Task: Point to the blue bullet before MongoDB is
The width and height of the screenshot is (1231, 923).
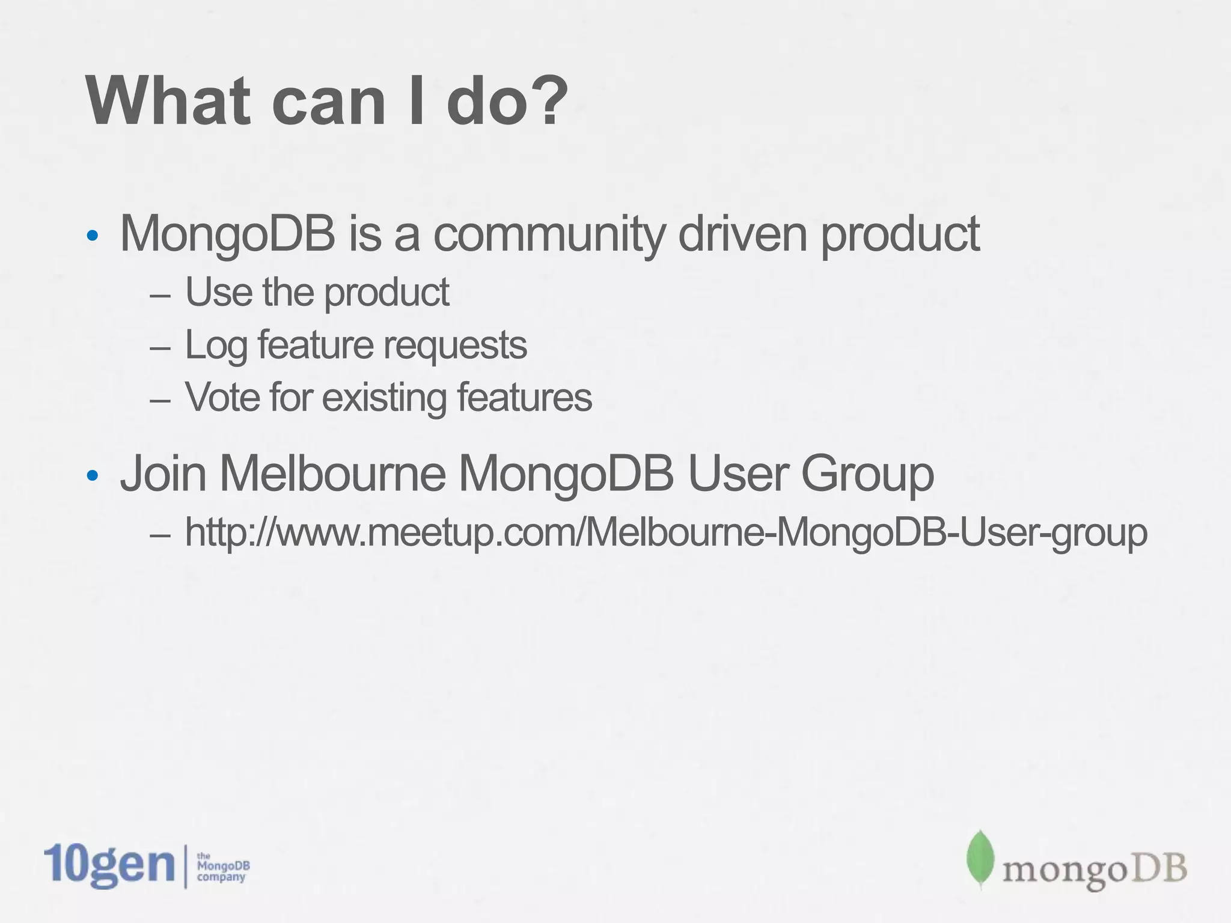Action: (92, 236)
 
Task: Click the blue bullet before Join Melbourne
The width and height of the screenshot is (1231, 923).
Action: (92, 476)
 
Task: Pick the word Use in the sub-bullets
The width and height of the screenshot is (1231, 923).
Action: (218, 293)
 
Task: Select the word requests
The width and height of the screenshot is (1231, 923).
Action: (455, 347)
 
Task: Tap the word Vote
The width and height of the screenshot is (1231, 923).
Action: (222, 398)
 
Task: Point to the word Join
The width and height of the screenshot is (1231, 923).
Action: (163, 474)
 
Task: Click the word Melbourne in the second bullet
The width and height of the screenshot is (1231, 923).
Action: (332, 474)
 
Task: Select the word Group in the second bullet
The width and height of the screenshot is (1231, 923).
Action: (867, 475)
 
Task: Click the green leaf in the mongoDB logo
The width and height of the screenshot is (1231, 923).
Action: (980, 859)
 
